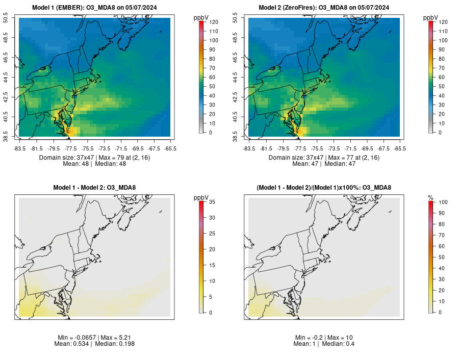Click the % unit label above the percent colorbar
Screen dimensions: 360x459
click(x=430, y=197)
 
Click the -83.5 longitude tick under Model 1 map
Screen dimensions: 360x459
click(x=19, y=149)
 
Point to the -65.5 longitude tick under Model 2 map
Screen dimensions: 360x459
click(x=400, y=149)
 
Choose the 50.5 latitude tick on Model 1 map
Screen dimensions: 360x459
click(x=12, y=18)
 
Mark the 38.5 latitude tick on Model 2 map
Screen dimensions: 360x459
click(x=242, y=137)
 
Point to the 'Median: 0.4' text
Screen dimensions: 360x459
click(x=339, y=344)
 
